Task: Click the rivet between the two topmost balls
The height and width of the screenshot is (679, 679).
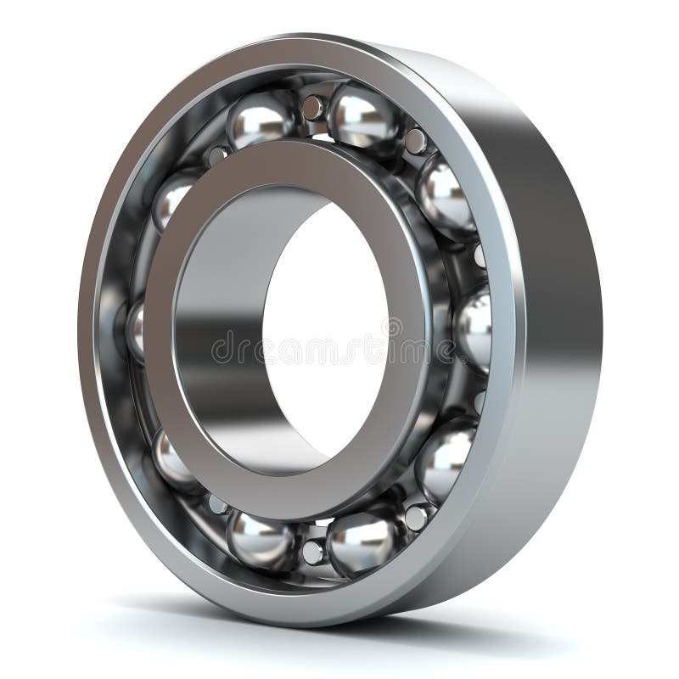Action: (312, 108)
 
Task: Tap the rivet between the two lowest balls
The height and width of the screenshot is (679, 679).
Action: (312, 551)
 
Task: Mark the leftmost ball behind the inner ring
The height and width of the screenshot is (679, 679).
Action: (137, 329)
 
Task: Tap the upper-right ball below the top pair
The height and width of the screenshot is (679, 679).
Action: (445, 197)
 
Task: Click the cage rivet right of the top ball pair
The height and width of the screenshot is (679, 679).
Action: (415, 141)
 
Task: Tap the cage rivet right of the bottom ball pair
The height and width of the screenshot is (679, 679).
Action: (415, 515)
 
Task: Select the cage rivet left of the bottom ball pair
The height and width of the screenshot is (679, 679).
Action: (217, 504)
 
